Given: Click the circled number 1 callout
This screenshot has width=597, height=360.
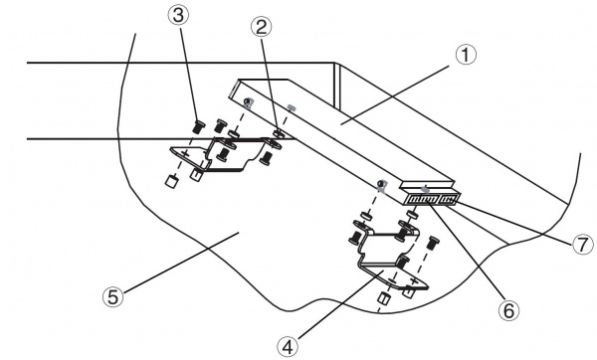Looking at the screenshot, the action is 466,55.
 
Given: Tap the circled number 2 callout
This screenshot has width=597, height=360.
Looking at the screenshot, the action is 261,27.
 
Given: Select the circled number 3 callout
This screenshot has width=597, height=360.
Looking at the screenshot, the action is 178,16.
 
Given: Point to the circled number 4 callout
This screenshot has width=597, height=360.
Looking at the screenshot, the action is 288,346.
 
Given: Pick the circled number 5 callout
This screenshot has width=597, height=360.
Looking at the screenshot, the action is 113,296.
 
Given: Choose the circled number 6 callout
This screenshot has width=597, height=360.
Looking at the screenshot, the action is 509,310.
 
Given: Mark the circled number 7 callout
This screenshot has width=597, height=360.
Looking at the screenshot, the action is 582,244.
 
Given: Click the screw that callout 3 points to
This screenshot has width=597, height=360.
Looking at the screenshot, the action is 198,126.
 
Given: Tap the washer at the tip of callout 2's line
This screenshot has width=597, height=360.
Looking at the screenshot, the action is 279,134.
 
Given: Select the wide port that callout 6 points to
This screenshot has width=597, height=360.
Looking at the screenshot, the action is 423,200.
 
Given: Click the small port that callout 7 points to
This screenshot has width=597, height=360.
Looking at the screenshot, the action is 450,199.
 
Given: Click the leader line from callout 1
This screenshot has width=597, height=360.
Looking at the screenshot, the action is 395,94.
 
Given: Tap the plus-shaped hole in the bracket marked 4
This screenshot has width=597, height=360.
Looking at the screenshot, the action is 414,281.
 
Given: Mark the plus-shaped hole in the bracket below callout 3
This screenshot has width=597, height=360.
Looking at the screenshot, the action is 185,154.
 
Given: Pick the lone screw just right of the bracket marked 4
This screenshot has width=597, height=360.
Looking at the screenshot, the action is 432,243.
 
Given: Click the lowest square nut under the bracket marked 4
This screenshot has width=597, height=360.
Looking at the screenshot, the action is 383,298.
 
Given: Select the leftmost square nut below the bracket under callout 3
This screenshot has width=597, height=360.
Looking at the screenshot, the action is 171,181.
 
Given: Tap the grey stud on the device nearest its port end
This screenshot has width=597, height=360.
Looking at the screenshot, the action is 425,189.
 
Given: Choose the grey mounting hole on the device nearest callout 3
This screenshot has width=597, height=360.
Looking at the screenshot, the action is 248,102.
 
